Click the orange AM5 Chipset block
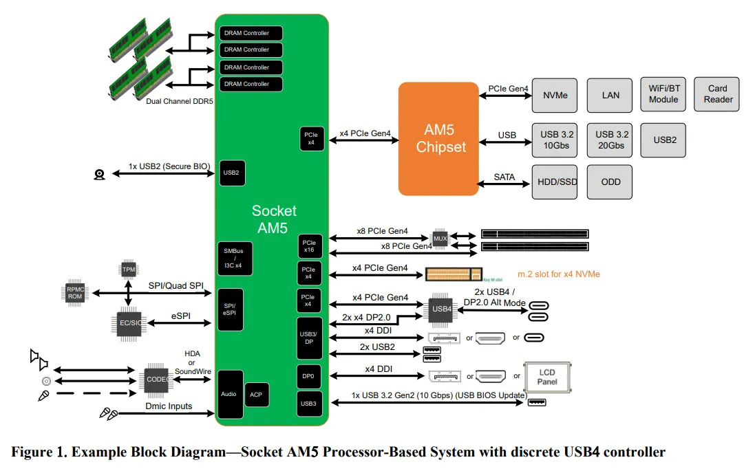(438, 139)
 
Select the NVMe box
(555, 96)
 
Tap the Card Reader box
(716, 94)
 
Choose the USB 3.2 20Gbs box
(610, 140)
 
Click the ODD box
(610, 182)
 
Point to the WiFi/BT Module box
(663, 94)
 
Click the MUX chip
(440, 239)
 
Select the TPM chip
(129, 270)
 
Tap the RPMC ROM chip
(75, 293)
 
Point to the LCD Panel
(547, 377)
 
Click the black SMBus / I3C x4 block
(235, 259)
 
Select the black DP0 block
(309, 376)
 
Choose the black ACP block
(257, 395)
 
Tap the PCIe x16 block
(310, 246)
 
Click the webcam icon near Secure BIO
(99, 175)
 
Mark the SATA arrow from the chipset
(503, 184)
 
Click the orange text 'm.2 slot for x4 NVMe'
(558, 274)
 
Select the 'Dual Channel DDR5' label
(180, 101)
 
